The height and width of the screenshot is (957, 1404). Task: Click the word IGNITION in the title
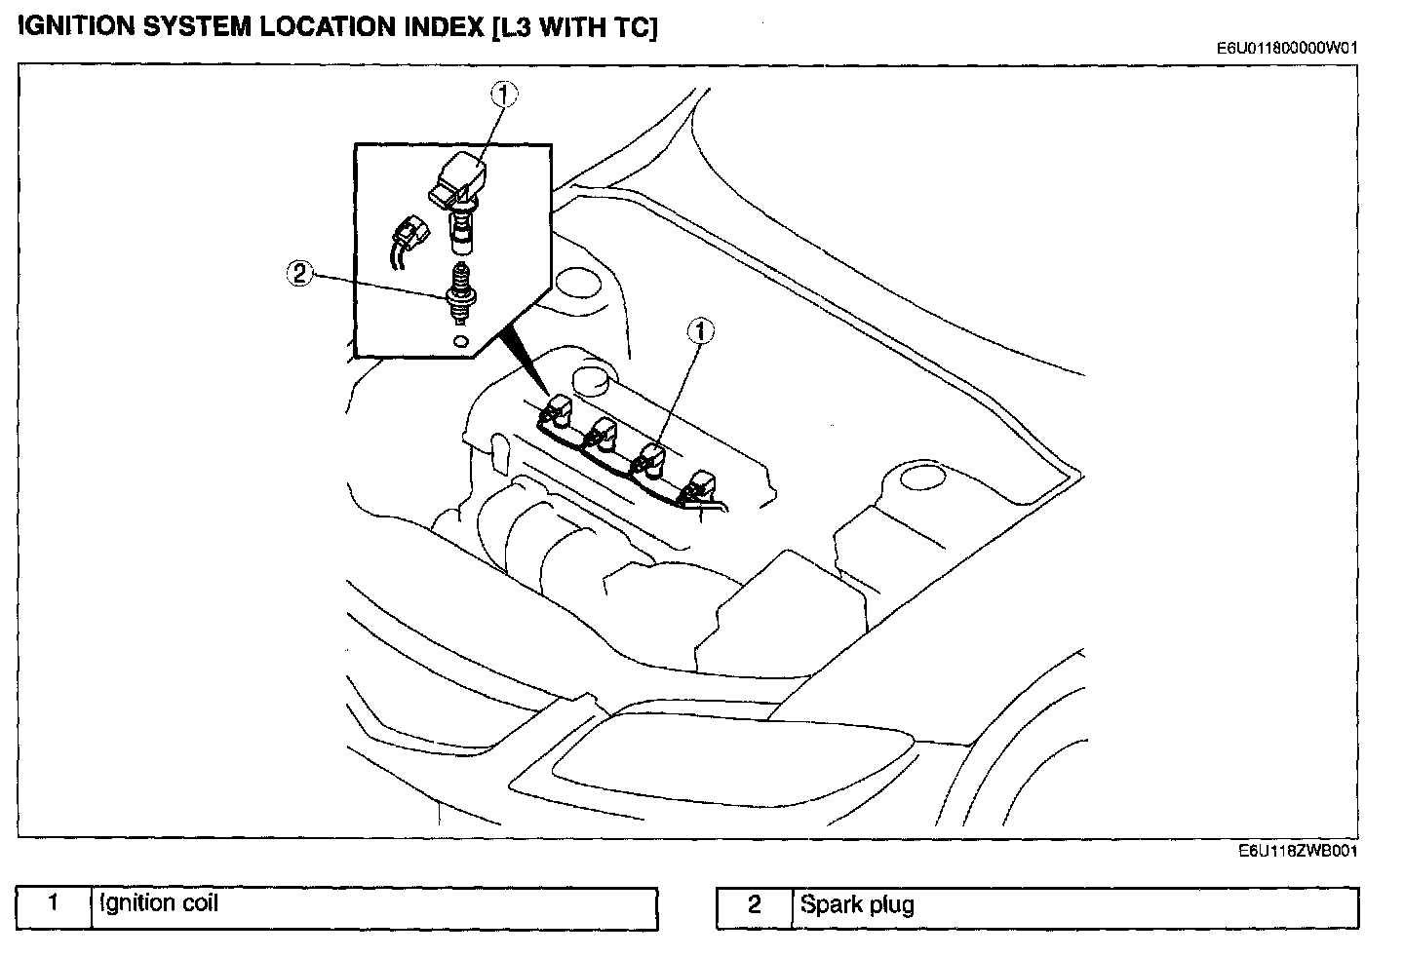[x=76, y=27]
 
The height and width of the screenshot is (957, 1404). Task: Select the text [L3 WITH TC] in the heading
[x=575, y=28]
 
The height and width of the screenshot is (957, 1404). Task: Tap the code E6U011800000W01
[x=1287, y=48]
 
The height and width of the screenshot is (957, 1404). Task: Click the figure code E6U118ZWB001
[x=1298, y=851]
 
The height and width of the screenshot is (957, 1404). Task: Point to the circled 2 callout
[x=299, y=274]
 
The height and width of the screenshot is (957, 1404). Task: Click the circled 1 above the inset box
[x=504, y=96]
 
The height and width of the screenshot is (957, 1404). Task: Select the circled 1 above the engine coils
[x=701, y=330]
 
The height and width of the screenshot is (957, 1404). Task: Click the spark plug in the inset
[x=460, y=294]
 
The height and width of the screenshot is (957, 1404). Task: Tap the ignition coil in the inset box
[x=458, y=202]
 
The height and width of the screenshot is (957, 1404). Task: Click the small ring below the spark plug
[x=460, y=342]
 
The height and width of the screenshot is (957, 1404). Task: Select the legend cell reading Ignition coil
[x=374, y=908]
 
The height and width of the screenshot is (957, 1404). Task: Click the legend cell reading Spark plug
[x=1074, y=909]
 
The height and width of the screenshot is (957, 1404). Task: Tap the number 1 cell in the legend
[x=54, y=908]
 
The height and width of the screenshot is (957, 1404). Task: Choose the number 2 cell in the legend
[x=755, y=909]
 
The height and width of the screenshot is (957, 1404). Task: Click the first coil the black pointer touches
[x=556, y=412]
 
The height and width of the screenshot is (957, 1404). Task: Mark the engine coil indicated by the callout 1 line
[x=649, y=462]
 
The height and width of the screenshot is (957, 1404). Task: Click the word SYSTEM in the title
[x=197, y=27]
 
